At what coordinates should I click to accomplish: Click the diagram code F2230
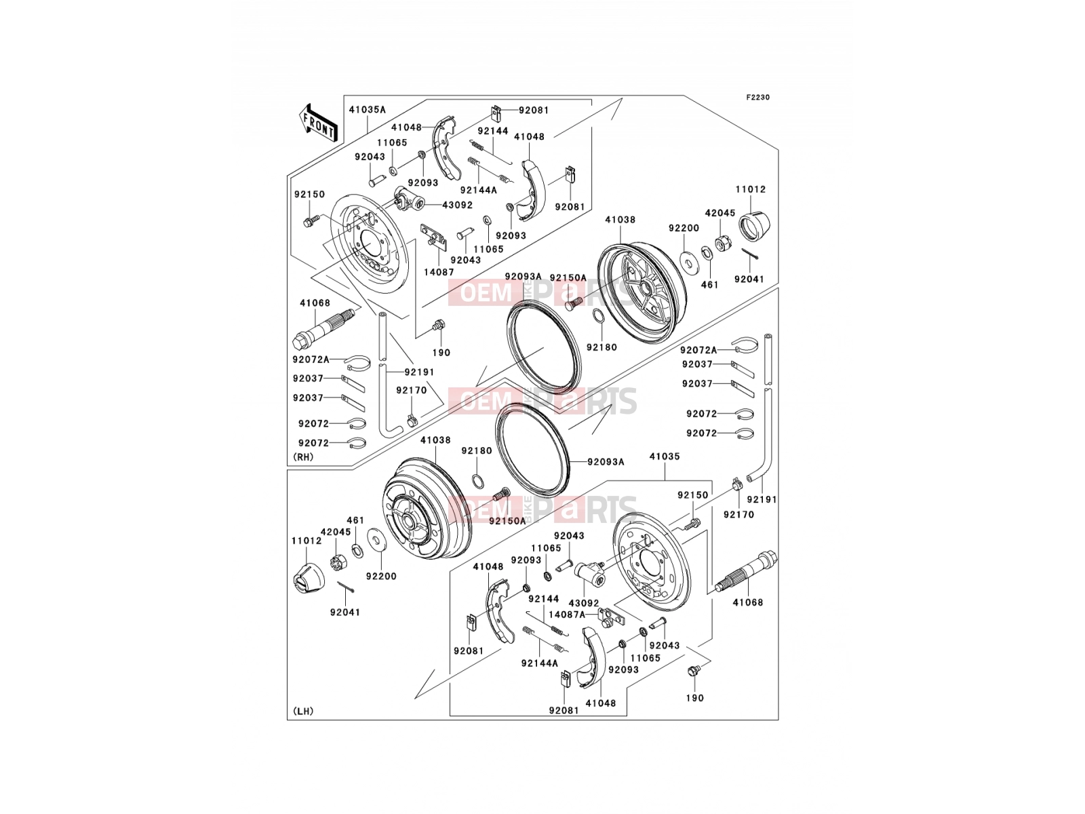coord(757,98)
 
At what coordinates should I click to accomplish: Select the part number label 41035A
coord(368,110)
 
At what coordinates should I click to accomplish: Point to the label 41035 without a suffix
coord(665,456)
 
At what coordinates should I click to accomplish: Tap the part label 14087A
coord(567,615)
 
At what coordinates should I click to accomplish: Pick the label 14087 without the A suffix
coord(439,272)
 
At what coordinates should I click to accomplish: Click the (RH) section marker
coord(304,457)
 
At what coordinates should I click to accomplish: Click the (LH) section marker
coord(304,711)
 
